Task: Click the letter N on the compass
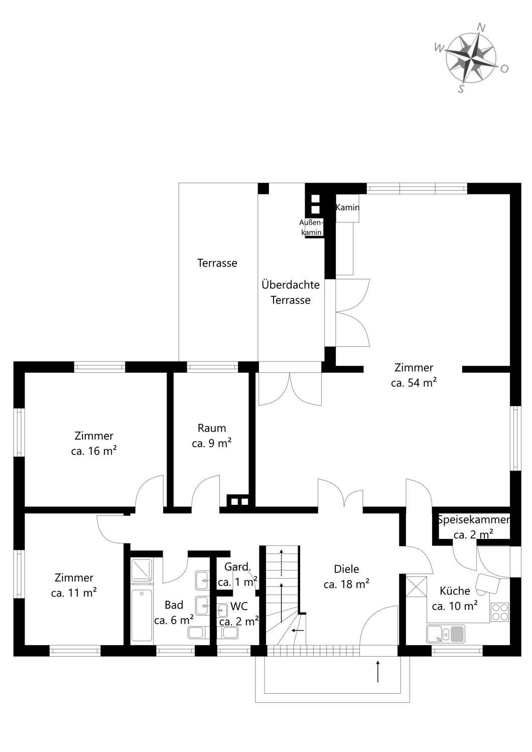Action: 481,28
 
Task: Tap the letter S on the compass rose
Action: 461,89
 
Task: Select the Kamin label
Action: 347,208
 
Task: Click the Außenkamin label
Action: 312,227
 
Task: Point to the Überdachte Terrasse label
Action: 291,292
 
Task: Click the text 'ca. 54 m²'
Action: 414,383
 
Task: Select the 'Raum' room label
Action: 212,428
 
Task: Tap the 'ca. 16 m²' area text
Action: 94,451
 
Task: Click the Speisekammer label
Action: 473,520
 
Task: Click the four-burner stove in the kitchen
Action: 500,612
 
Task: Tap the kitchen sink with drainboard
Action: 446,634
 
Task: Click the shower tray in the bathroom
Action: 142,570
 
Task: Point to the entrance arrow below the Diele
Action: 378,671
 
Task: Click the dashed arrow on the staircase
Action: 281,562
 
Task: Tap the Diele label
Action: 346,569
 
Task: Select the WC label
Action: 239,606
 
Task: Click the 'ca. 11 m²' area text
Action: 74,593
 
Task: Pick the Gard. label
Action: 237,567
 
